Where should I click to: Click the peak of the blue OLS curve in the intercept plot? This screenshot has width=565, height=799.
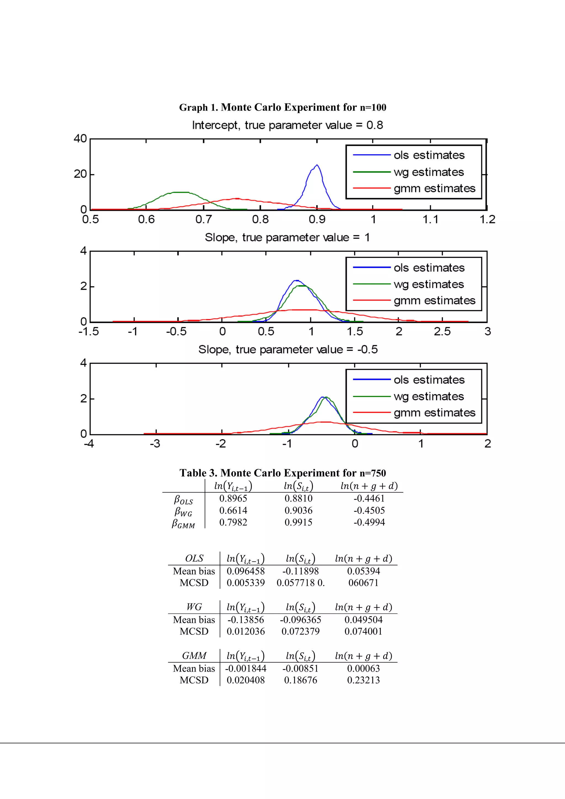tap(317, 165)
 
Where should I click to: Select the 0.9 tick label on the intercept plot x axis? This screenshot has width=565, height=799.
tap(317, 219)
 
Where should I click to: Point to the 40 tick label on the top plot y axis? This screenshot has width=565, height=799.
tap(80, 138)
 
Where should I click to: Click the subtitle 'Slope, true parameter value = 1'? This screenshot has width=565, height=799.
tap(287, 237)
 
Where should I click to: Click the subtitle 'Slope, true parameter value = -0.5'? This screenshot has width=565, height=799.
tap(288, 349)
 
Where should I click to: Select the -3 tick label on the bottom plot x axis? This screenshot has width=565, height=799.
tap(155, 444)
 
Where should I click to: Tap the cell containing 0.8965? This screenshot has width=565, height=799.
tap(233, 498)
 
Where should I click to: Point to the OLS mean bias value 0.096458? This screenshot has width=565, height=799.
tap(246, 571)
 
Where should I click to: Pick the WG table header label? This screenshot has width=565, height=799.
tap(194, 607)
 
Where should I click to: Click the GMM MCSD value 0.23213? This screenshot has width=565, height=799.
tap(363, 680)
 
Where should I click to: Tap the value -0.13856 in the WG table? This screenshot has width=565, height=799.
tap(246, 620)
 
